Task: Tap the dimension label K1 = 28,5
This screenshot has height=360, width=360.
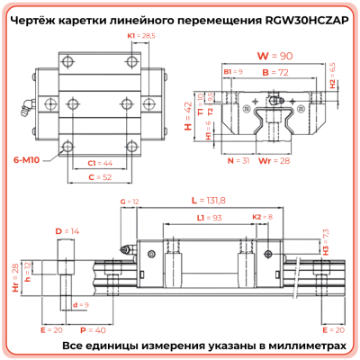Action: [x=141, y=35]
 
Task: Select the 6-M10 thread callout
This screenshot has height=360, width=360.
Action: [x=25, y=158]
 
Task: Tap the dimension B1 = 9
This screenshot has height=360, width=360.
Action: [x=233, y=71]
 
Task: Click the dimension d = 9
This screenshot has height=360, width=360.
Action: [x=80, y=305]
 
